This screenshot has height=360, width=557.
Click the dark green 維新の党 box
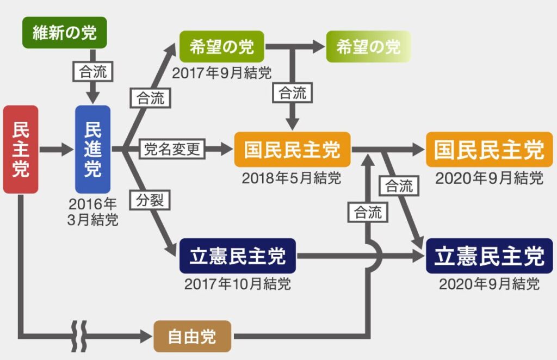click(65, 33)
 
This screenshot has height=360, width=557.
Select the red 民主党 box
click(21, 150)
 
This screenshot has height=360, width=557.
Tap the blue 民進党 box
click(92, 150)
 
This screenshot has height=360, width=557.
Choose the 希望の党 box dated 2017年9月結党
click(222, 47)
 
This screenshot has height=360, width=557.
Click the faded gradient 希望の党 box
click(368, 47)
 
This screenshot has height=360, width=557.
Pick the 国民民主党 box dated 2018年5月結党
click(292, 150)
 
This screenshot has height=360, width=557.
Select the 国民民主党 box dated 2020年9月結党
click(490, 150)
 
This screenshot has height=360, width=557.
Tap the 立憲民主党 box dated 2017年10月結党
click(238, 256)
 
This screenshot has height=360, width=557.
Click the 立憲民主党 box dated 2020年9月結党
click(490, 256)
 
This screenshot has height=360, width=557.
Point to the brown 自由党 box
click(192, 336)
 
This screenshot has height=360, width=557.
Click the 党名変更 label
click(172, 149)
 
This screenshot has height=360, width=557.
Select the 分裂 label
click(150, 200)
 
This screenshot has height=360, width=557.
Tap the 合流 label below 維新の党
click(93, 72)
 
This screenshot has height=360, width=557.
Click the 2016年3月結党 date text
click(92, 212)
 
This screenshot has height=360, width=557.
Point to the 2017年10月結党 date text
click(238, 284)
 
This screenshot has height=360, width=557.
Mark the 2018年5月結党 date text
click(292, 178)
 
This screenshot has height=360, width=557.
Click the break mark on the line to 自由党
click(79, 336)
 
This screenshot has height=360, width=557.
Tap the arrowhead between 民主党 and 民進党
click(67, 150)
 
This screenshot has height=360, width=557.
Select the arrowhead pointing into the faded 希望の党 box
click(318, 47)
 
